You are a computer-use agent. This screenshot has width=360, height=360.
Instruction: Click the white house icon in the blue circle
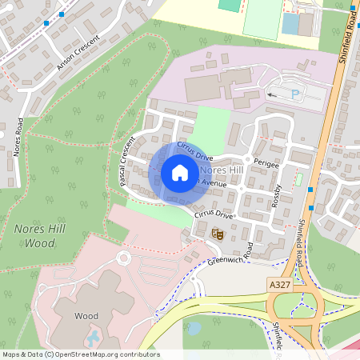click(179, 173)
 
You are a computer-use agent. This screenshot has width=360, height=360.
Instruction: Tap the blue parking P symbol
click(295, 94)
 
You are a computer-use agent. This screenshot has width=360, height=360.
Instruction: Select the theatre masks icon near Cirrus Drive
click(217, 234)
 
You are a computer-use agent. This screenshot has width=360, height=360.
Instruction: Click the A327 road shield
click(280, 285)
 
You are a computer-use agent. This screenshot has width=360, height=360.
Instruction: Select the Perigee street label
click(266, 163)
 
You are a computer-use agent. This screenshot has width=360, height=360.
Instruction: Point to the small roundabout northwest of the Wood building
click(124, 258)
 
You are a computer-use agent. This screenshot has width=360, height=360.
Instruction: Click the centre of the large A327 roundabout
click(295, 307)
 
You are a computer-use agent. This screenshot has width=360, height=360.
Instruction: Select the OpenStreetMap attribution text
click(80, 354)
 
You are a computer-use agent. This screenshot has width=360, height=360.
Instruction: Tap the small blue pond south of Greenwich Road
click(193, 327)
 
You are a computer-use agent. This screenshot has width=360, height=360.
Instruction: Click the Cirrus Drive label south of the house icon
click(213, 214)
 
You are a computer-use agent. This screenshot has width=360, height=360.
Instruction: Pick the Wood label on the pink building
click(86, 316)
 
